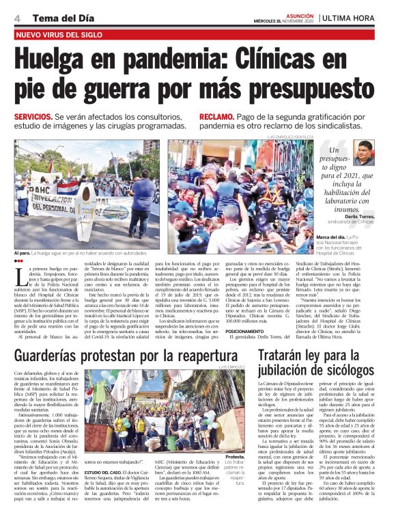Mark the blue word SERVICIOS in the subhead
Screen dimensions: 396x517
(33, 117)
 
